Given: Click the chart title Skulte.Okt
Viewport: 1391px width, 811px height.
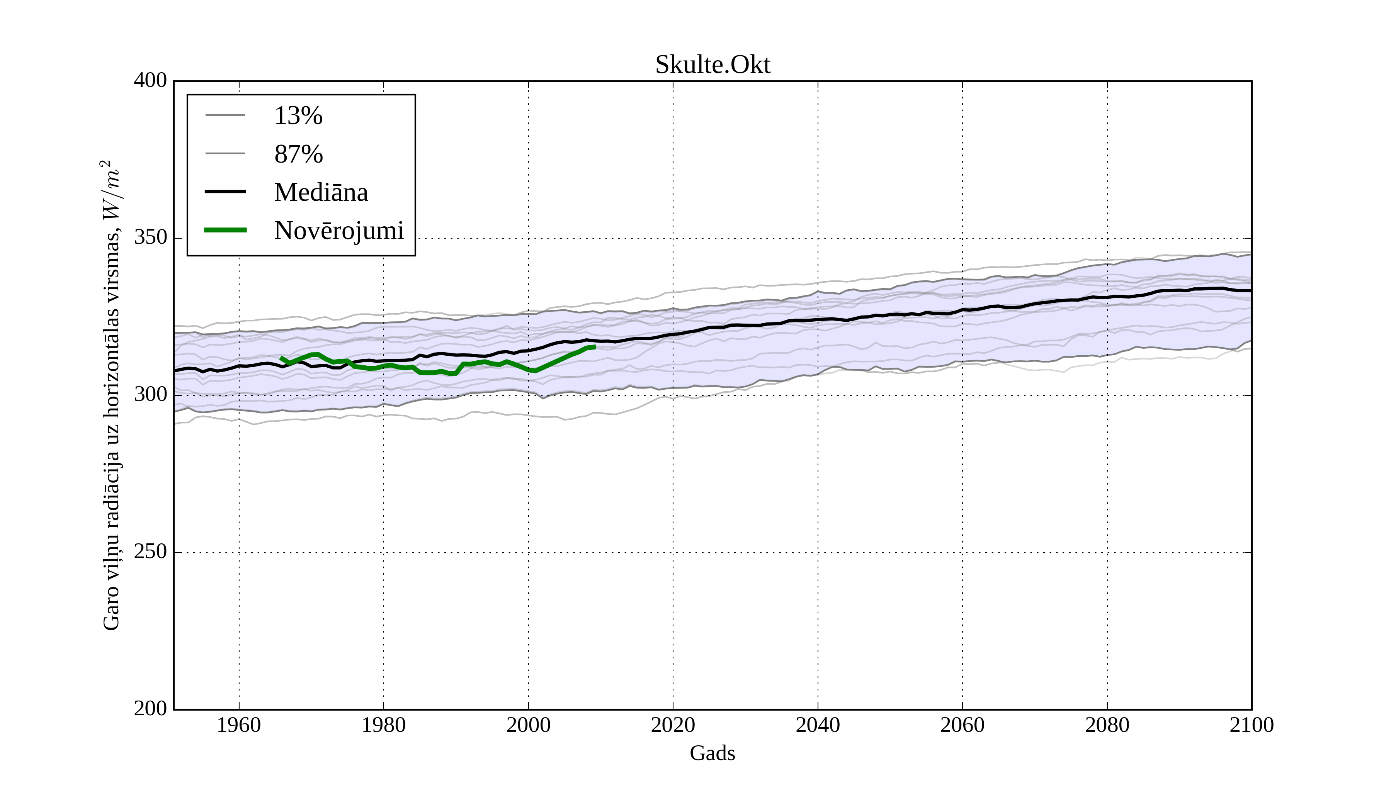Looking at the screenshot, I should coord(712,65).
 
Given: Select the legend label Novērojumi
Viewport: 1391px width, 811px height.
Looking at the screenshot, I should coord(338,231).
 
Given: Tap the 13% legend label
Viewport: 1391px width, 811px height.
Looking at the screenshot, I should coord(298,116).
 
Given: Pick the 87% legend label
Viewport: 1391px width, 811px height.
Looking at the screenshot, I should coord(298,154).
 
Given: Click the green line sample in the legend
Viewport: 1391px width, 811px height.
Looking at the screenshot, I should coord(225,230).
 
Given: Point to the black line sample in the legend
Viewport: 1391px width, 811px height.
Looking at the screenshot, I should coord(225,192).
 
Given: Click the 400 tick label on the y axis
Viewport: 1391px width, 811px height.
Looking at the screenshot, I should coord(150,81).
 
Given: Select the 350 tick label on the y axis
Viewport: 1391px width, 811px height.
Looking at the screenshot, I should coord(150,238).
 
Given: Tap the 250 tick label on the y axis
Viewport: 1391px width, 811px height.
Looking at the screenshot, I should coord(150,552).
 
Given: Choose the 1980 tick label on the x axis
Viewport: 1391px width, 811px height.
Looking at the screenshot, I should coord(384,725).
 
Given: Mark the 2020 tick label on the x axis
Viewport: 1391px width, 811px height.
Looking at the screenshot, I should coord(673,725).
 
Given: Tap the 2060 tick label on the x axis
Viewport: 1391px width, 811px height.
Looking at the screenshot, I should coord(962,725).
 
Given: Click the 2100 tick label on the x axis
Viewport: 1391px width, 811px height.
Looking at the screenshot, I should coord(1252,725).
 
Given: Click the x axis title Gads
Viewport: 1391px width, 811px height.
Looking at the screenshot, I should coord(712,753).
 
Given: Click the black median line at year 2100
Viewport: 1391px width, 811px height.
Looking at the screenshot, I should coord(1250,291).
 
